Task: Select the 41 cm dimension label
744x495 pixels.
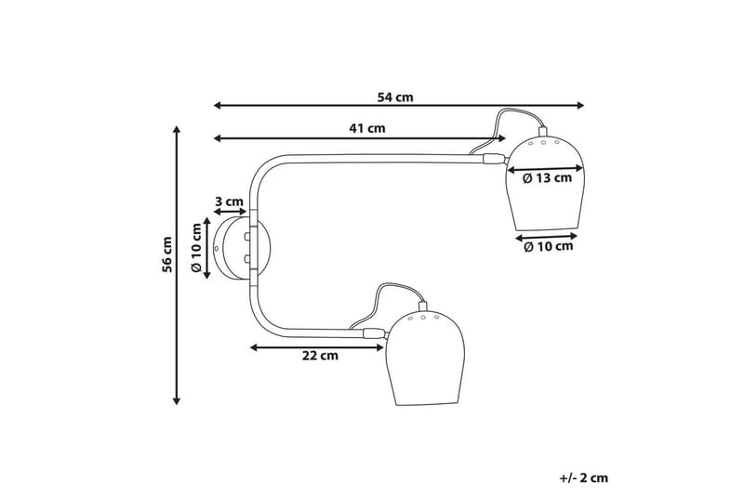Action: click(367, 128)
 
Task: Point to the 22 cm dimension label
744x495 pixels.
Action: click(320, 355)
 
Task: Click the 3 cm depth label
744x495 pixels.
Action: click(229, 201)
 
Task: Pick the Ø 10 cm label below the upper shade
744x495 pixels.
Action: click(549, 246)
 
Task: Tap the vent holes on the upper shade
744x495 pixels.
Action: click(545, 145)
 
